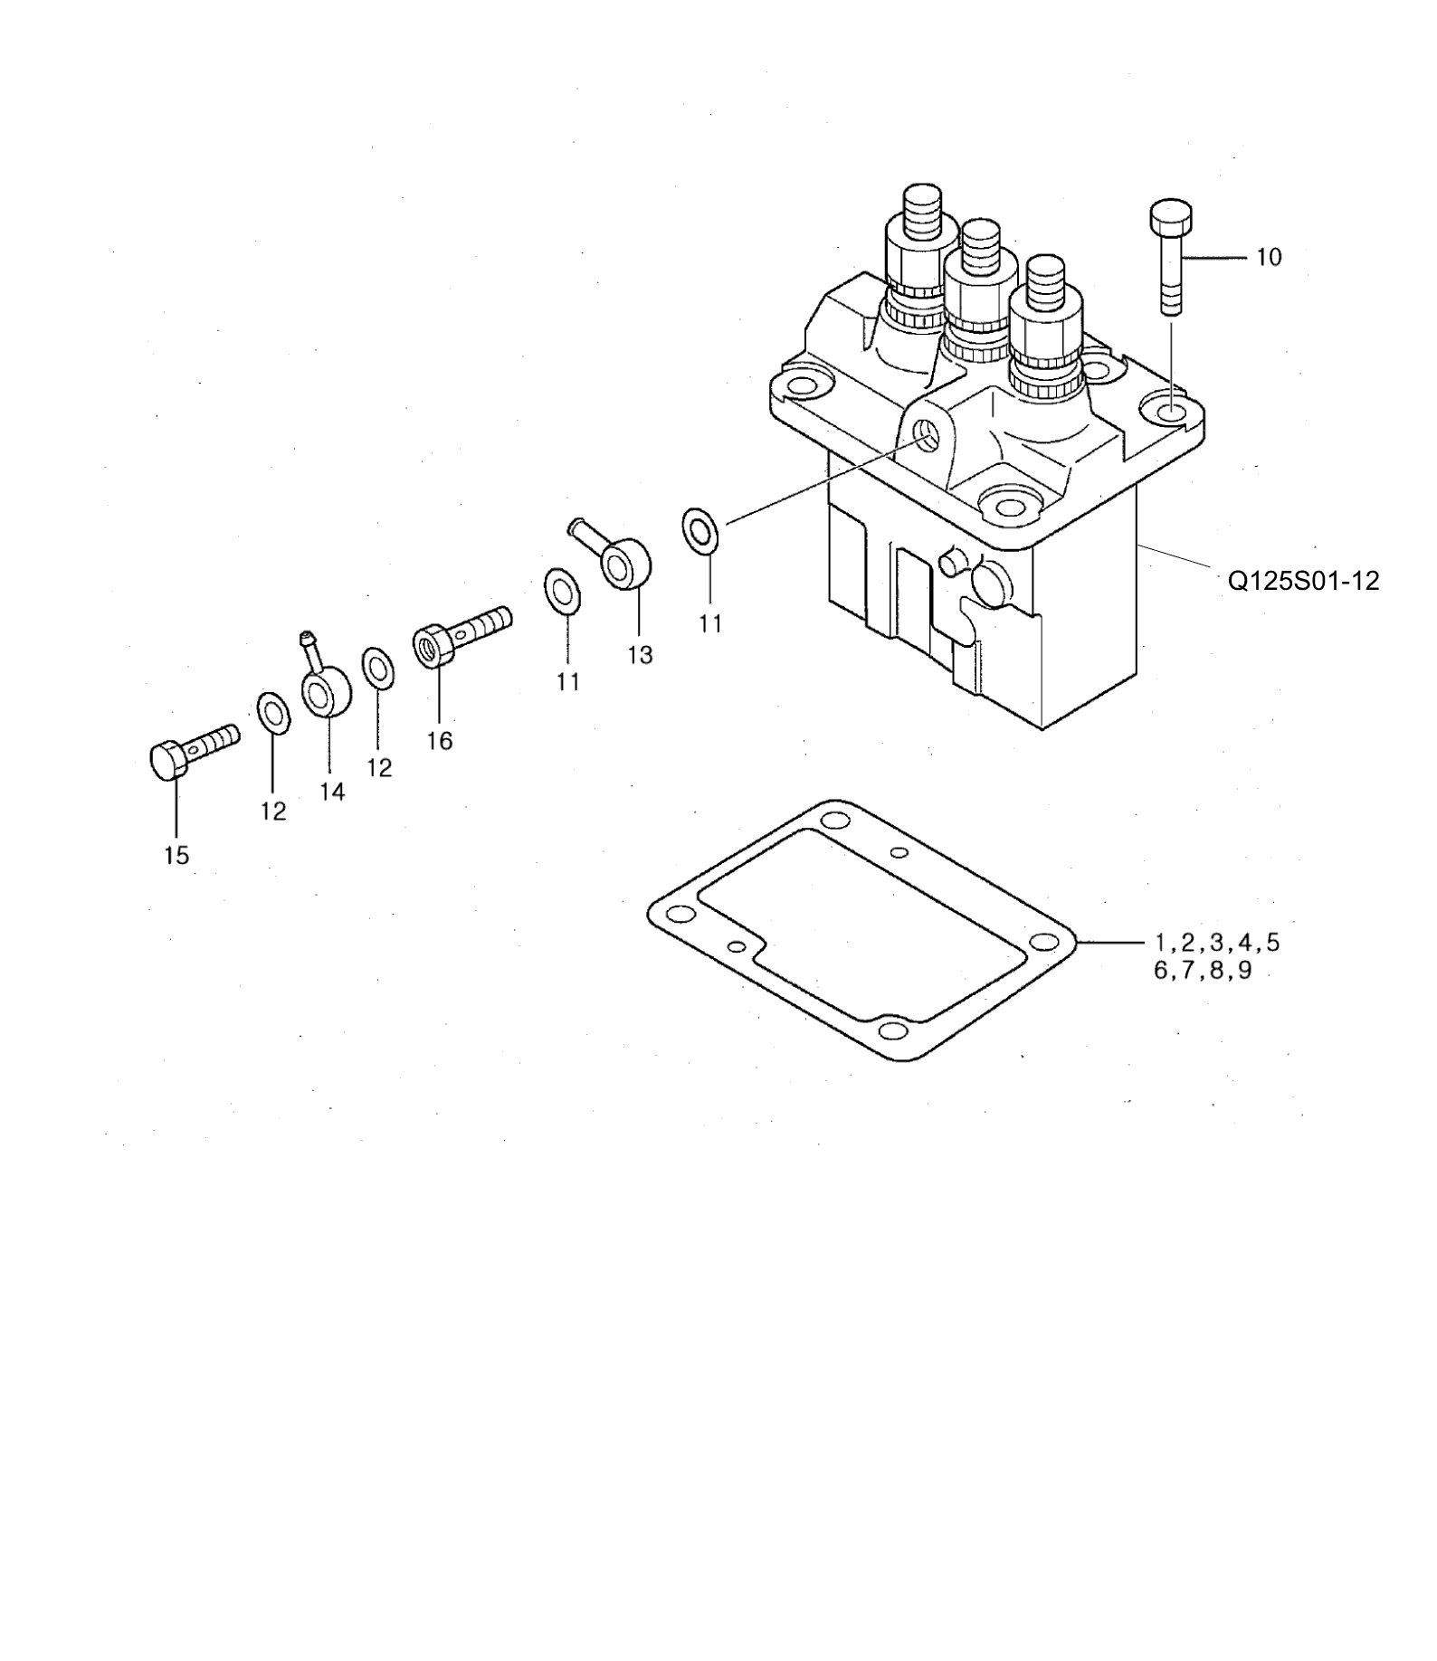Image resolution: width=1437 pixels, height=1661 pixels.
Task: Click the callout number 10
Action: point(1269,258)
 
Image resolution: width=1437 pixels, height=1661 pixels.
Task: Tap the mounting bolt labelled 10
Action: point(1171,257)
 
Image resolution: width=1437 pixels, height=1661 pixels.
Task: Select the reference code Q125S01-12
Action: point(1303,581)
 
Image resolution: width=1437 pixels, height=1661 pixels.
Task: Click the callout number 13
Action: point(640,654)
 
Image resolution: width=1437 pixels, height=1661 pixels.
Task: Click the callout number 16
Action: point(440,741)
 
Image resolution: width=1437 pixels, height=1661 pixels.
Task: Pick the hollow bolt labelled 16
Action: point(462,635)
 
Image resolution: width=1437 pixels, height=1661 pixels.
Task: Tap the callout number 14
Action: point(332,792)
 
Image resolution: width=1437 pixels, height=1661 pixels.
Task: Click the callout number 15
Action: point(176,855)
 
